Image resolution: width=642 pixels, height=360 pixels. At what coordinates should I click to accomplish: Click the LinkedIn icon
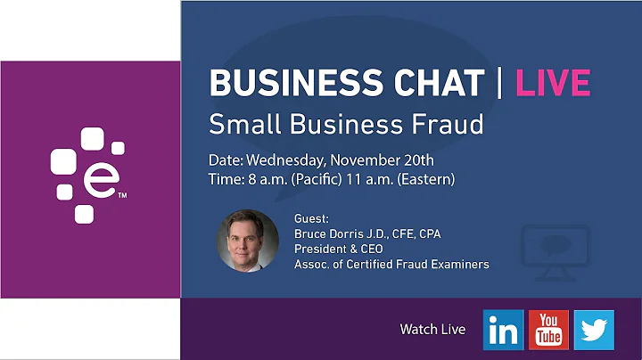click(x=504, y=330)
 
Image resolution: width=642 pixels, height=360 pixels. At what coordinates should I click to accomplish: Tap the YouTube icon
click(x=548, y=330)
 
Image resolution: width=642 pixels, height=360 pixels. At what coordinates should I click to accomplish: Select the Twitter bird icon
click(x=593, y=330)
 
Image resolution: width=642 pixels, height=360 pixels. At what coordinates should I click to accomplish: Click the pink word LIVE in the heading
click(x=554, y=83)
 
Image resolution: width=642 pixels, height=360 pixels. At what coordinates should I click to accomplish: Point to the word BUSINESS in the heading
click(x=287, y=83)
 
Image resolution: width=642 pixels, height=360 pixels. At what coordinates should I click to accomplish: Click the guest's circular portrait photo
click(x=248, y=241)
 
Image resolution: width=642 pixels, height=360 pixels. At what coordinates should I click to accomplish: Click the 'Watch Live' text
click(x=432, y=330)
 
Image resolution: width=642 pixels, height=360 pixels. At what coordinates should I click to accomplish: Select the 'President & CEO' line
click(x=338, y=249)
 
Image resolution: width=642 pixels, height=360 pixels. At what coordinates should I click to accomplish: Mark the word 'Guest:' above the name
click(x=311, y=218)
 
